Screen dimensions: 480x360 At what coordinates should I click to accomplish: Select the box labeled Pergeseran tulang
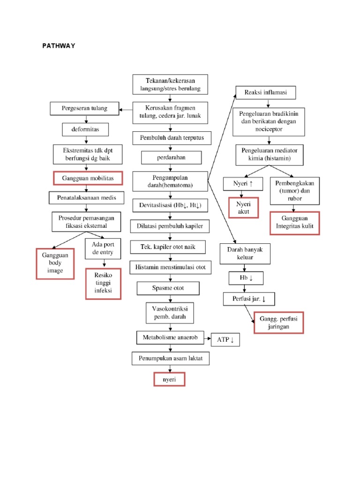point(84,109)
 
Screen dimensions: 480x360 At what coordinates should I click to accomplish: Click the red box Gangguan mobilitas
point(88,179)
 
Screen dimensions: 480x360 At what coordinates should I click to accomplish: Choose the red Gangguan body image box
point(55,263)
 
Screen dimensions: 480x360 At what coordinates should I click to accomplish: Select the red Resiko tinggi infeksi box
point(102,284)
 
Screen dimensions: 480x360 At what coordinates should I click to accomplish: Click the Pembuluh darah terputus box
point(172,138)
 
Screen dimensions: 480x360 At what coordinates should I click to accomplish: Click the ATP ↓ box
point(225,340)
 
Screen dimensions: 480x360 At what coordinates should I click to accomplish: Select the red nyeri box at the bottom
point(169,379)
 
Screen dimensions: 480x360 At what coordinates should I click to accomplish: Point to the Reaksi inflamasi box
point(266,93)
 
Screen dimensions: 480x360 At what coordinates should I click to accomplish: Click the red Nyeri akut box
point(243,208)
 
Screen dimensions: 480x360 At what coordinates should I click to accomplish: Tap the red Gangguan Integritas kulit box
point(294,223)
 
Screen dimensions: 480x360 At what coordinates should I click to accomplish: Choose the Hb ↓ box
point(246,278)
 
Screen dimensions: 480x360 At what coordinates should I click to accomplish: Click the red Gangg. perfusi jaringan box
point(278,322)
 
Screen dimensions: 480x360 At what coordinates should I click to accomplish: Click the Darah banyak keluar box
point(245,254)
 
